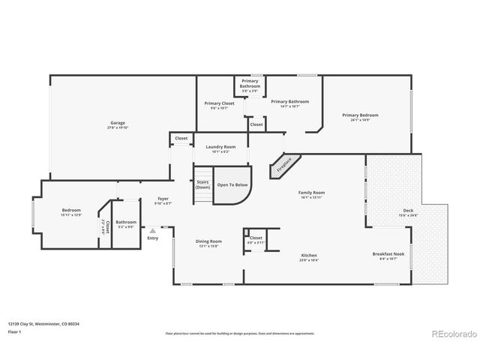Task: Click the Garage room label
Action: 118,122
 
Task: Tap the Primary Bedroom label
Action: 360,115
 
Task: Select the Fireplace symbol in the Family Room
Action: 286,165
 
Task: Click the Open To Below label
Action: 232,184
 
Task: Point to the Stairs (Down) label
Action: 202,184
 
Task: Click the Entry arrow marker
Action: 153,231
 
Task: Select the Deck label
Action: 408,211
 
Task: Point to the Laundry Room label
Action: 220,146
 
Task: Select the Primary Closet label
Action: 220,103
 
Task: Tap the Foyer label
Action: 163,199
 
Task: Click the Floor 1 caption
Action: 15,330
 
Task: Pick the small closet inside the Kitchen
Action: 255,239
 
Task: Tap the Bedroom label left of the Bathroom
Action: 71,210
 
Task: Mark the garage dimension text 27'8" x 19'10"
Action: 118,128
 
